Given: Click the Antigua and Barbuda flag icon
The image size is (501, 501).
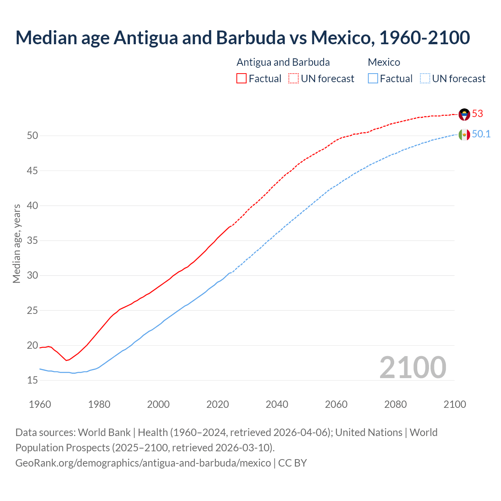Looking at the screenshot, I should [464, 114].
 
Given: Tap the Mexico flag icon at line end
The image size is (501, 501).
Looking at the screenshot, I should [464, 135].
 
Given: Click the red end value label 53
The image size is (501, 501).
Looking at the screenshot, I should [478, 114].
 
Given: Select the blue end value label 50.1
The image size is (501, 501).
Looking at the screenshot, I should [481, 134].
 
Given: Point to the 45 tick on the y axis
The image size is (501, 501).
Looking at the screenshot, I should [32, 171].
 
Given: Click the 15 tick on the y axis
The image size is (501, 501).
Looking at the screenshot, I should [32, 380].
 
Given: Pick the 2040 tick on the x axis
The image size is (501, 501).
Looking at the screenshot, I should [277, 404].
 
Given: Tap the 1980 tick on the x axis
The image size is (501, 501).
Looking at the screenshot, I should [99, 404].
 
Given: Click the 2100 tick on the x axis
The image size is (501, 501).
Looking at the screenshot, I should [454, 404].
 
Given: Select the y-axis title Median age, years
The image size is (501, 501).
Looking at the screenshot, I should [16, 243].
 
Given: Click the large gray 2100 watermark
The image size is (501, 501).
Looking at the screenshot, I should [413, 367].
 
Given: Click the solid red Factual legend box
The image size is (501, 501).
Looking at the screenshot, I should [241, 79].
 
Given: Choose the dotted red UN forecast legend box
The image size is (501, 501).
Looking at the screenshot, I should [294, 79].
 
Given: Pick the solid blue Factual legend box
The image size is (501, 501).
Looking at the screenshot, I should [373, 79].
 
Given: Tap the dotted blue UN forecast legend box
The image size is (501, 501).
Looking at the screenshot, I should [425, 79].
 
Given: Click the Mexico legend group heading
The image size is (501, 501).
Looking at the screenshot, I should [384, 62].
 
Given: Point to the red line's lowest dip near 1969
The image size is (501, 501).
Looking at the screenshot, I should [67, 360].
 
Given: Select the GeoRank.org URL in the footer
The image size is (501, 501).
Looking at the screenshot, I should [143, 463].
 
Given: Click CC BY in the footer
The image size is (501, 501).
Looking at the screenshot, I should [292, 463].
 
